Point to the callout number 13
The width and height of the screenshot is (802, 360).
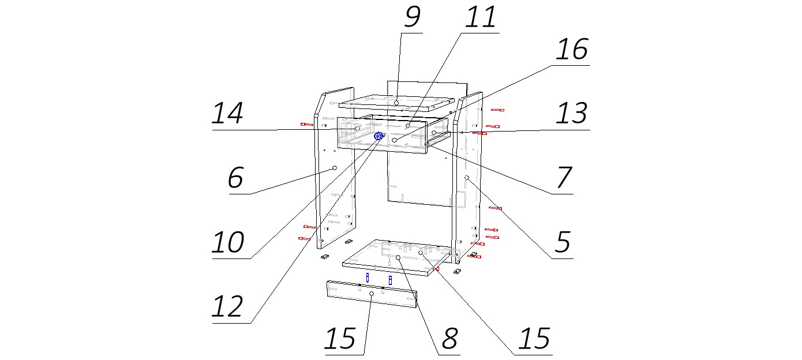[571, 114]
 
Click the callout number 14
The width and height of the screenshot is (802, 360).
[228, 114]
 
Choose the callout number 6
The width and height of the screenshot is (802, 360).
[235, 179]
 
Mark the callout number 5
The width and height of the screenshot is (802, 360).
[562, 243]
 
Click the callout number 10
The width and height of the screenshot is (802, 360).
[228, 243]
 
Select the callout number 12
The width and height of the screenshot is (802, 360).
[228, 307]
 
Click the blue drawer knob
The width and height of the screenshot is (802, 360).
[378, 136]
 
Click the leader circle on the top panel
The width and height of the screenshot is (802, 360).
[397, 102]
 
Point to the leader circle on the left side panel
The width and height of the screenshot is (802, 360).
[334, 168]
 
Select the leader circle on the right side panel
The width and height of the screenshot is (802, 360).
[466, 178]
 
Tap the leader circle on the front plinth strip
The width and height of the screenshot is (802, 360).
[372, 294]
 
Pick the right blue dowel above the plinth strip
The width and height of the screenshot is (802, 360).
[391, 280]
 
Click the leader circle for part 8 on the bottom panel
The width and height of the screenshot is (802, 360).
[398, 257]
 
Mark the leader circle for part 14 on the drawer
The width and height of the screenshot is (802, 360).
[358, 129]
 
